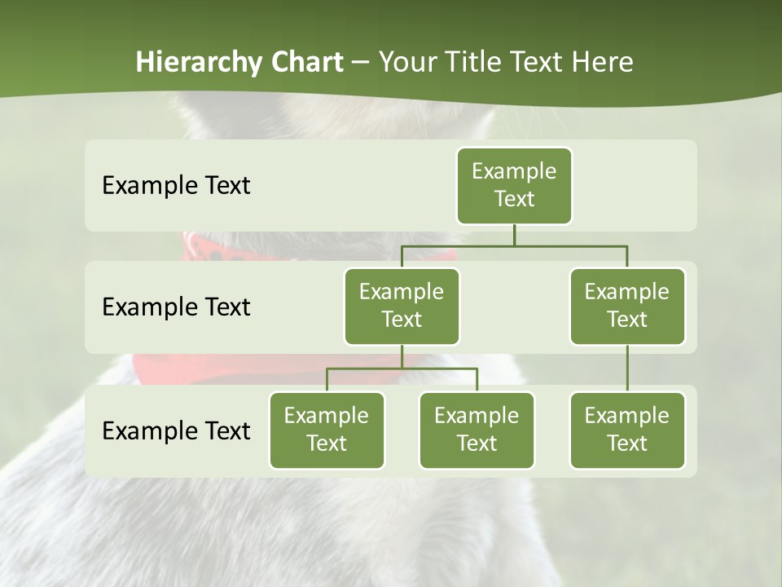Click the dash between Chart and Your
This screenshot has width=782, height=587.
click(x=361, y=63)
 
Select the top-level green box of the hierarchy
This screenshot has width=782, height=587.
click(x=514, y=185)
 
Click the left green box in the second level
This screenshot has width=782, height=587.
click(x=402, y=306)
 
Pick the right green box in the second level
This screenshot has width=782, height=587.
click(x=627, y=306)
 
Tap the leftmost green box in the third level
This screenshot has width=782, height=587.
click(x=327, y=430)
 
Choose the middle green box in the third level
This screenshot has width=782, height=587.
click(x=477, y=430)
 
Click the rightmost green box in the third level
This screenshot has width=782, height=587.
click(x=627, y=430)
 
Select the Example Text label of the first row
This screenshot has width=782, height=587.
click(x=176, y=186)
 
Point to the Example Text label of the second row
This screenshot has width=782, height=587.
click(x=176, y=307)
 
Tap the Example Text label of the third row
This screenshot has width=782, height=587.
click(x=176, y=430)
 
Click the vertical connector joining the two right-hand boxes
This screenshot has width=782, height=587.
click(x=627, y=369)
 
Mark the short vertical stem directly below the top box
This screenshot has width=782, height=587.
click(x=514, y=235)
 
